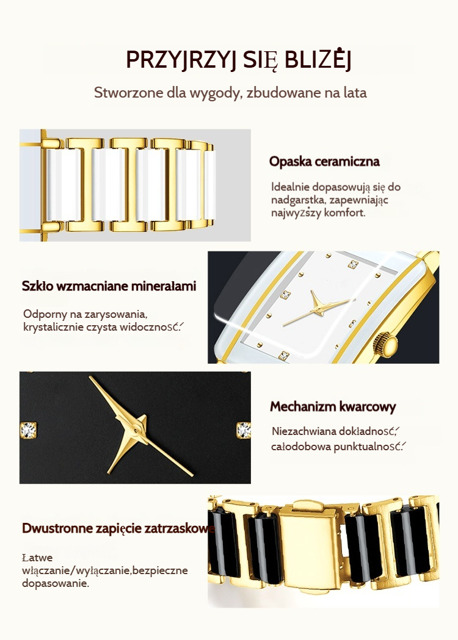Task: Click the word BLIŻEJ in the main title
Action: click(318, 60)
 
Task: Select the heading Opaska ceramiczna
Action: click(324, 161)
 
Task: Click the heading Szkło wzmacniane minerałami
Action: click(109, 286)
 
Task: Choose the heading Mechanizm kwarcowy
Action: click(333, 406)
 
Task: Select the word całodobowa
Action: click(300, 447)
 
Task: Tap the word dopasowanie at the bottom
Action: click(55, 583)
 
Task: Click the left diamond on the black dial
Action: click(28, 430)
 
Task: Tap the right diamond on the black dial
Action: click(244, 430)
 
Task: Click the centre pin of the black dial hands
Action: click(136, 430)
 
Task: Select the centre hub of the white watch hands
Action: click(317, 309)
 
